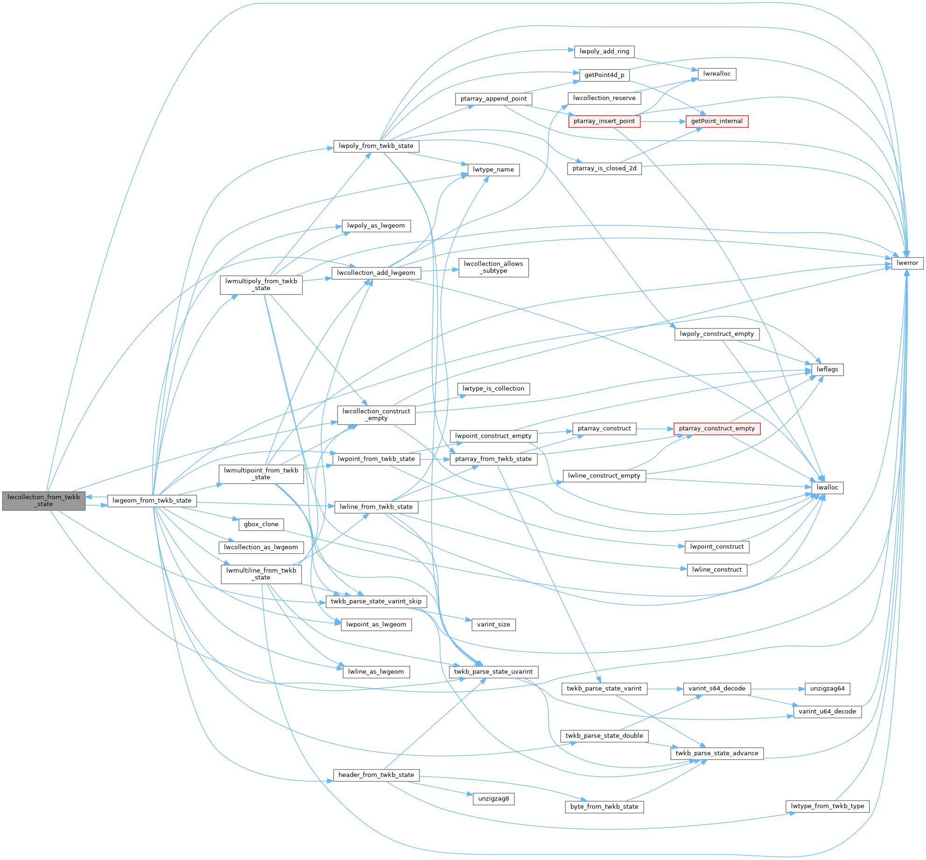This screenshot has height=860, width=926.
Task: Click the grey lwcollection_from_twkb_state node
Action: [44, 501]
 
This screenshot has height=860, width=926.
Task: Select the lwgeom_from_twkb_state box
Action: [152, 501]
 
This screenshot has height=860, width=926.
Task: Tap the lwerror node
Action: [907, 263]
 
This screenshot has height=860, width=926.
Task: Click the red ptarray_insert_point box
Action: [604, 121]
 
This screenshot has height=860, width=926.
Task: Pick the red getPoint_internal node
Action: [716, 121]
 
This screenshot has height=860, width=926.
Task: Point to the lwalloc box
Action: [827, 488]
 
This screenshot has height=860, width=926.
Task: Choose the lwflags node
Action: [827, 370]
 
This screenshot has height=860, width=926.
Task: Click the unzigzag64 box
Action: [827, 689]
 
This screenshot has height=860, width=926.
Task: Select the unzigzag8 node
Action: [493, 799]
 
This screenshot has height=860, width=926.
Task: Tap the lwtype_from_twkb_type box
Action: [827, 806]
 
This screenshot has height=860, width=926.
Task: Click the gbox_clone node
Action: [261, 524]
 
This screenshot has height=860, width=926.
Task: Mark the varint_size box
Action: [493, 624]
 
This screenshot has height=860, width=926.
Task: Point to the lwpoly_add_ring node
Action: [604, 51]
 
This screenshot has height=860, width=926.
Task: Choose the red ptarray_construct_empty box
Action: [716, 429]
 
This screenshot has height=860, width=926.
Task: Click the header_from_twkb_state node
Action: [376, 775]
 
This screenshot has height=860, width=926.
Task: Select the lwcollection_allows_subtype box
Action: [493, 267]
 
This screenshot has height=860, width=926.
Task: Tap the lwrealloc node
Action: [716, 74]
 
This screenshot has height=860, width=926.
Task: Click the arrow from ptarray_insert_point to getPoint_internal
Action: [663, 121]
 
